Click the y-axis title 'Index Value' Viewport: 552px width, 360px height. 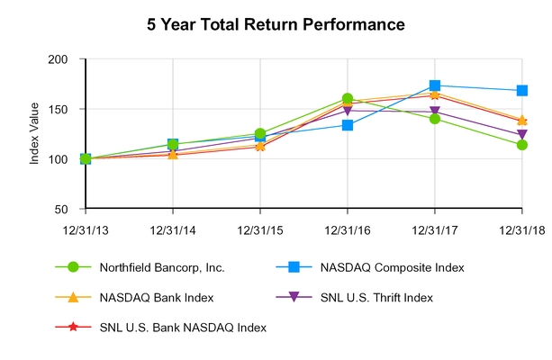[35, 133]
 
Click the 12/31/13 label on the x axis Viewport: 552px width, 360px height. [86, 229]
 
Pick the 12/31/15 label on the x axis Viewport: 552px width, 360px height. [260, 229]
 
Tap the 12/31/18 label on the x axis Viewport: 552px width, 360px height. [522, 229]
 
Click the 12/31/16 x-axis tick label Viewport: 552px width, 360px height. [348, 229]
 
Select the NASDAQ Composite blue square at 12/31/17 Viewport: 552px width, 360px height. [435, 85]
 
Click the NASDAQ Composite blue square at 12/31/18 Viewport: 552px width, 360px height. [522, 91]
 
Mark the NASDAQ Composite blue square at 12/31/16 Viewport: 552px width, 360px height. [348, 125]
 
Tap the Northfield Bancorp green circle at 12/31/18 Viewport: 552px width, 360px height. [522, 145]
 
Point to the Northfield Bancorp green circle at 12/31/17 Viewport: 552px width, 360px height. [435, 119]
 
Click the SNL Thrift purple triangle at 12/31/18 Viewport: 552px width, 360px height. [522, 136]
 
